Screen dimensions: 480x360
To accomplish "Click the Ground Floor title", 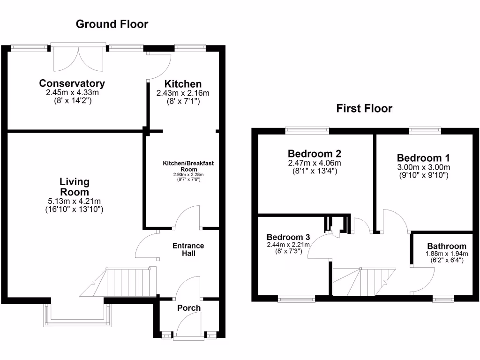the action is pos(112,24).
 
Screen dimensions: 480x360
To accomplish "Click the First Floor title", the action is pos(364,108).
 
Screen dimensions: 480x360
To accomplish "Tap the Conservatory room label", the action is pos(72,83).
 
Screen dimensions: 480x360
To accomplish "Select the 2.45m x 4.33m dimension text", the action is pos(72,92).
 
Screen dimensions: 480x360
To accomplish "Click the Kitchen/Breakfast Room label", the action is pos(188,166).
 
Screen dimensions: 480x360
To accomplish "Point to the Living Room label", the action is pos(75,187).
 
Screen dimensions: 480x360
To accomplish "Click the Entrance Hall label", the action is pos(188,249).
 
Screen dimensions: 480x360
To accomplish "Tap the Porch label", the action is pos(189,308).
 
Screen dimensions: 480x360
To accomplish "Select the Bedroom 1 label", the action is pos(423,158).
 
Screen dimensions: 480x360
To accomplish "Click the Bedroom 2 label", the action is pos(315,153).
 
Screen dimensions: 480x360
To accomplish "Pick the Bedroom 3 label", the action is pos(288,237).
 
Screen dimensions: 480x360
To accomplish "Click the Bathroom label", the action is pos(447,246).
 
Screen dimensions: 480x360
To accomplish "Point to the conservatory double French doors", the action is pos(78,59).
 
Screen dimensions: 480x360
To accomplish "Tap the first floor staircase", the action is pos(364,282).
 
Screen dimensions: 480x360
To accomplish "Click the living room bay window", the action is pos(77,315).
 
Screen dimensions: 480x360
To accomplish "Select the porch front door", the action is pos(189,327).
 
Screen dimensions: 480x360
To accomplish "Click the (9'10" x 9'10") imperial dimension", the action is pos(424,175).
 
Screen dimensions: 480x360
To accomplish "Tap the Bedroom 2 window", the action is pos(307,131).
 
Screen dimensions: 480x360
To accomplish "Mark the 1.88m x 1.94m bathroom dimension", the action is pos(447,254).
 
